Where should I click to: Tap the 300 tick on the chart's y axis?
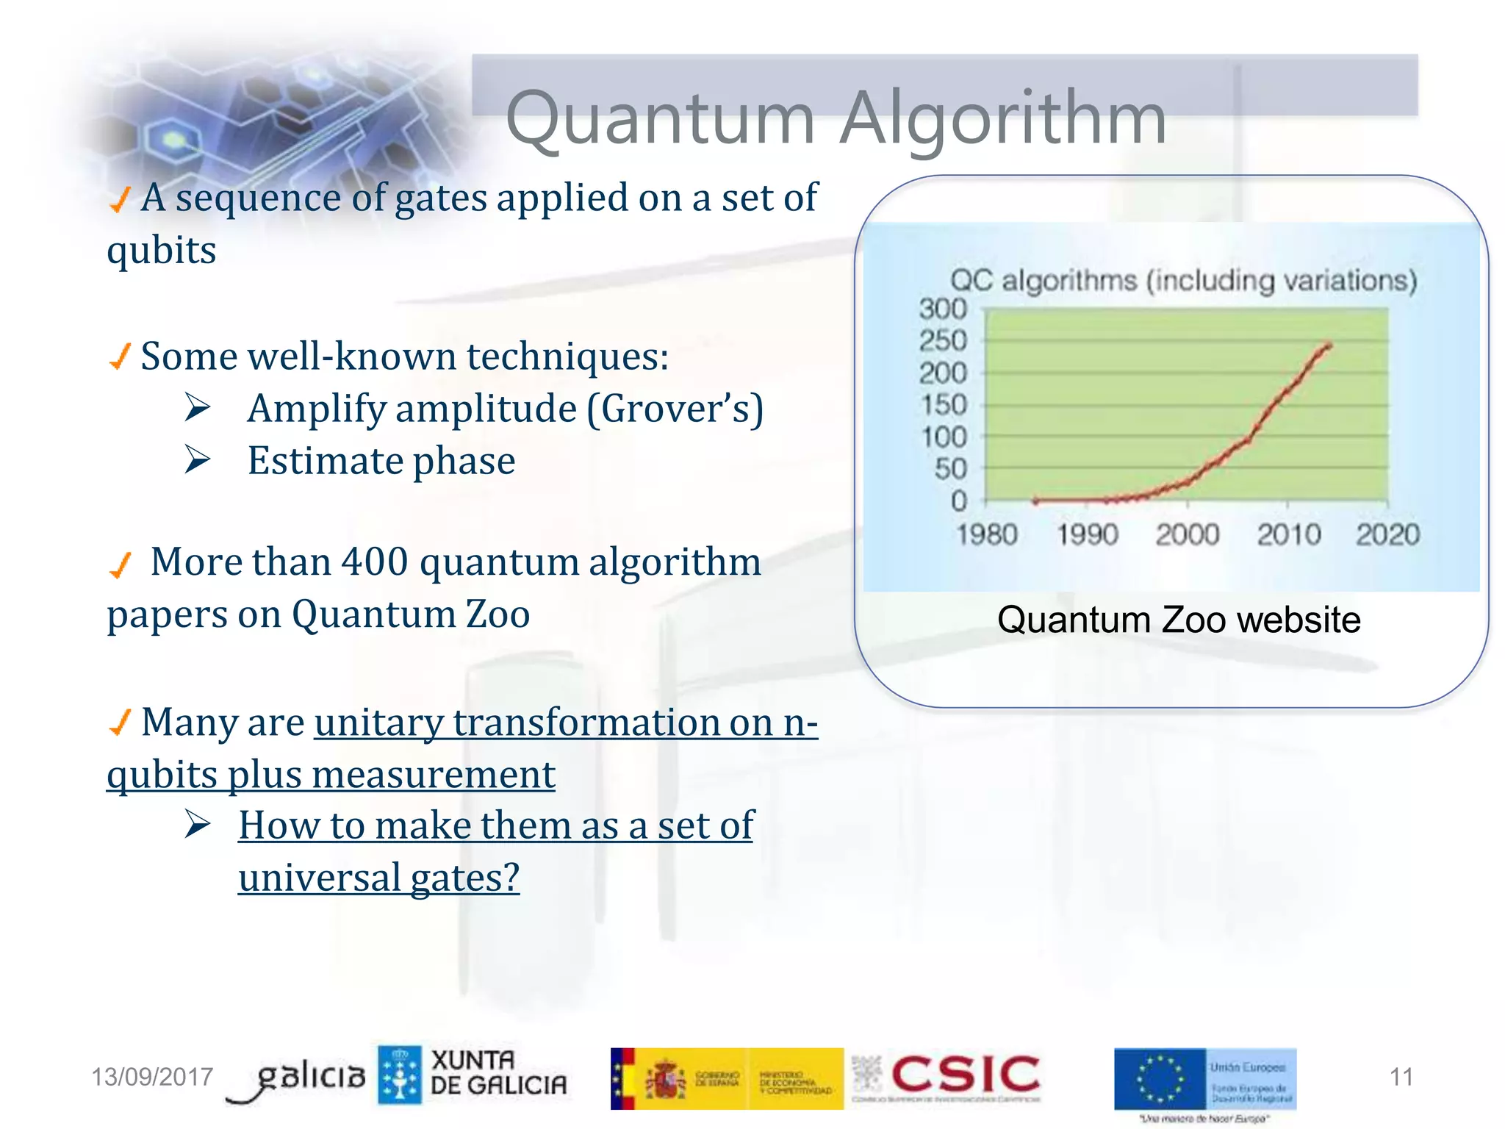point(943,309)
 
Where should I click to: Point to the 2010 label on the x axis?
point(1288,534)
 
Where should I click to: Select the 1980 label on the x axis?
point(987,534)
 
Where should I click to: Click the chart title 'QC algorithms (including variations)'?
point(1183,281)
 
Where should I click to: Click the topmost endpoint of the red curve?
point(1329,344)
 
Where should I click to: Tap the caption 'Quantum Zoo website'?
point(1178,620)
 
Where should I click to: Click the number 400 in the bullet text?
point(375,562)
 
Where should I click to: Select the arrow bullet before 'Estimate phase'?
point(197,460)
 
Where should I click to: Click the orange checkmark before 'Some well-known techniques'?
point(120,356)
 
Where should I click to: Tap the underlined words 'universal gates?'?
point(378,878)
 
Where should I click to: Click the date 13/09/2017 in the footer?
point(151,1077)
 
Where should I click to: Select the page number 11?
point(1401,1077)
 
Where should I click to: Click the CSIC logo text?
point(965,1075)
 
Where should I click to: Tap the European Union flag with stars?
point(1160,1079)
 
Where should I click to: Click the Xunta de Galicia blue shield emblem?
point(400,1075)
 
